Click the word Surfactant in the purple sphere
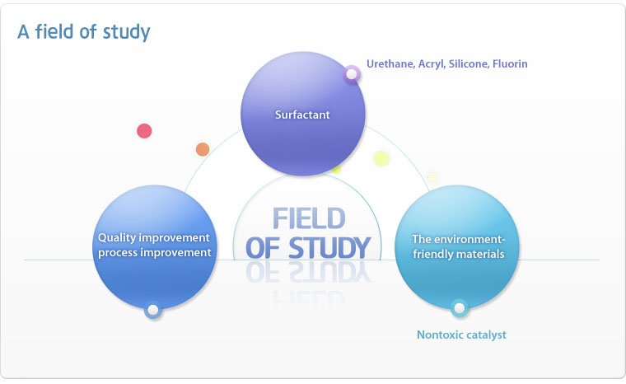point(302,115)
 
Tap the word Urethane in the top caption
point(390,64)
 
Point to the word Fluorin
point(510,64)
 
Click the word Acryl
point(431,64)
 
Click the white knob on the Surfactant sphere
point(352,74)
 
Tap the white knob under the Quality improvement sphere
point(153,310)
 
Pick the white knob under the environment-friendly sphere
point(460,308)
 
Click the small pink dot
point(144,131)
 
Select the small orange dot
point(203,149)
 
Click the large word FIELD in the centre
point(309,218)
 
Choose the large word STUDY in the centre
point(329,248)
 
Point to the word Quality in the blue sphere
point(117,238)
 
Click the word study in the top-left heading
point(126,32)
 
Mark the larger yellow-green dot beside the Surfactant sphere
point(381,159)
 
